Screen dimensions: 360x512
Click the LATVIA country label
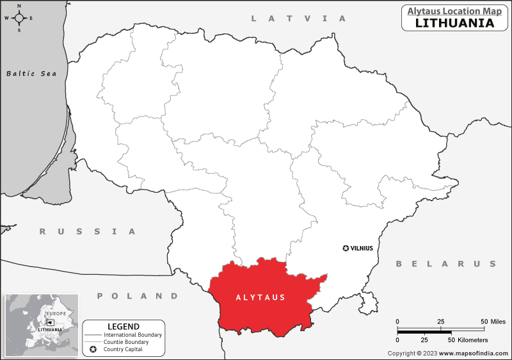click(x=298, y=19)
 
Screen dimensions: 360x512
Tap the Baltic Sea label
click(x=31, y=74)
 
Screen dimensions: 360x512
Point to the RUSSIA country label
click(x=88, y=231)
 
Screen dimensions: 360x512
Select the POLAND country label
click(x=138, y=296)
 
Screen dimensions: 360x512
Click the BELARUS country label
click(x=446, y=264)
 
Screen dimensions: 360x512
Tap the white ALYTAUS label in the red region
click(x=260, y=298)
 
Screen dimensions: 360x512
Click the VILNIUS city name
click(x=362, y=248)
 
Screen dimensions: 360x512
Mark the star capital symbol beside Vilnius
click(x=346, y=248)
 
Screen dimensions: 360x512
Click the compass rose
click(x=19, y=18)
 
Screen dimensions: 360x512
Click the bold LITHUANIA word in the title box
click(x=454, y=23)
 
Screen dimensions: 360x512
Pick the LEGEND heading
click(x=124, y=327)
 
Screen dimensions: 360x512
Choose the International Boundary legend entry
click(x=133, y=335)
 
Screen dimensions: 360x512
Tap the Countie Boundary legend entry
click(x=127, y=342)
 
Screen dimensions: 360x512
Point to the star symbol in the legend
click(x=93, y=350)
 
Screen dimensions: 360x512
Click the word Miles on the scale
click(x=497, y=321)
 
